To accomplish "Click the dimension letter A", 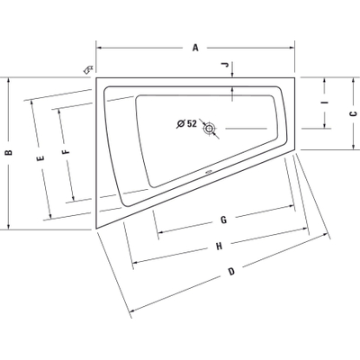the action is pos(195,48).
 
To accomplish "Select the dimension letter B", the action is pos(9,152).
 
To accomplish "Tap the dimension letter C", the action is pos(354,113).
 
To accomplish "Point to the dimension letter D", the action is pos(231,272).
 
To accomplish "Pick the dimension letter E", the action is pos(40,158).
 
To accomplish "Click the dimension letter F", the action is pos(66,152).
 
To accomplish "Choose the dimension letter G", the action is pos(223,220).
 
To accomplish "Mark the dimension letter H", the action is pos(220,247).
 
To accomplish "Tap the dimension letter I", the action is pos(325,103).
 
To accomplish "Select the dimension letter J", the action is pos(225,65).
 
